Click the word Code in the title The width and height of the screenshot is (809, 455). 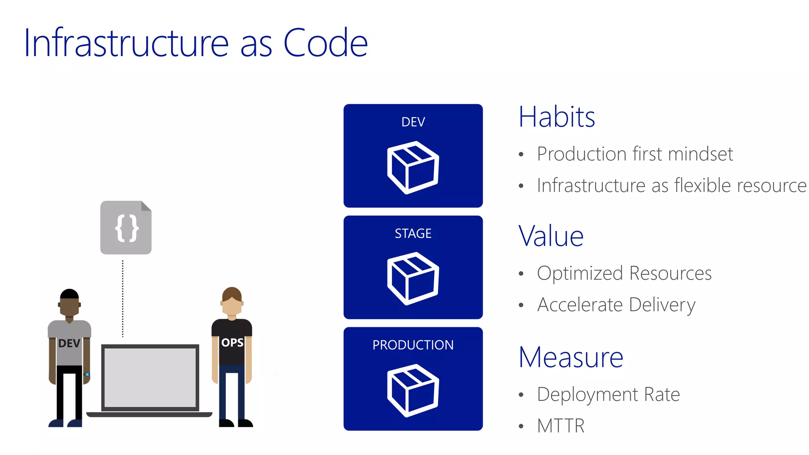click(325, 43)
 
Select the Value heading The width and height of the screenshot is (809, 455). click(551, 236)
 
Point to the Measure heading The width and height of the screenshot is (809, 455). click(571, 357)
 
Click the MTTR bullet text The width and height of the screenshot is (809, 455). click(561, 426)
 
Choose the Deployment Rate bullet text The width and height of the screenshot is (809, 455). click(608, 394)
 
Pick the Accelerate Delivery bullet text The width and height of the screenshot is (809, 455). click(616, 305)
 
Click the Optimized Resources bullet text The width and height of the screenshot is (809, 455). click(624, 273)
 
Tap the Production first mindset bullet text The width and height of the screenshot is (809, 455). click(635, 154)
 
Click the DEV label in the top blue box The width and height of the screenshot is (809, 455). click(413, 122)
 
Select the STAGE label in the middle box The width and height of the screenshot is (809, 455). click(413, 233)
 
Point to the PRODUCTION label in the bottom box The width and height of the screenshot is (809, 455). click(413, 345)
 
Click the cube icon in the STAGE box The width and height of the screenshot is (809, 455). click(413, 278)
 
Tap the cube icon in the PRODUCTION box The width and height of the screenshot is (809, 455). click(413, 390)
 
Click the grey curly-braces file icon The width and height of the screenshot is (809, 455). click(126, 228)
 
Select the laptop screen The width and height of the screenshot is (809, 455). click(150, 377)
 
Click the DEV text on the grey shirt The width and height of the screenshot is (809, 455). click(69, 343)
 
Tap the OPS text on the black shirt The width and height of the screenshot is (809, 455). click(232, 342)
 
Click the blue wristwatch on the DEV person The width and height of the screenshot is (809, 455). click(87, 374)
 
